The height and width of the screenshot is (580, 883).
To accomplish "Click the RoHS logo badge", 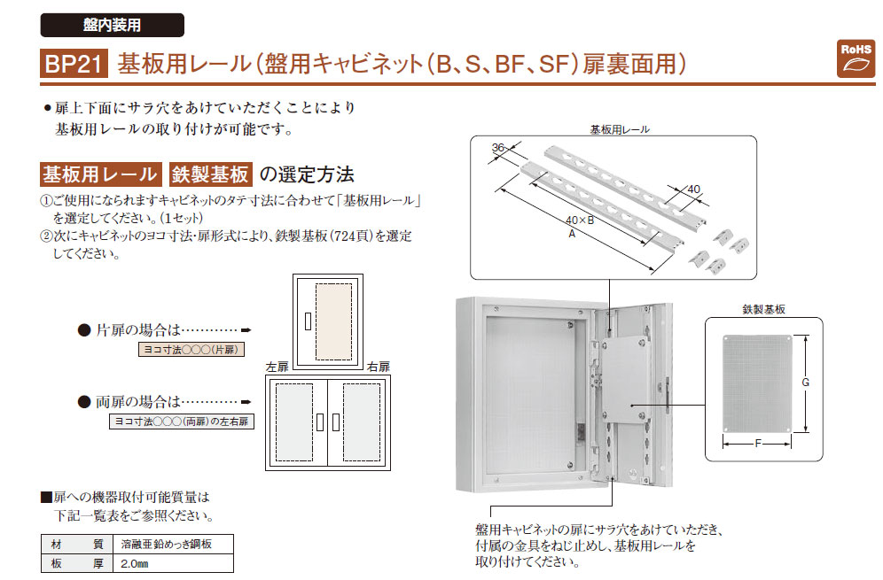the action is [856, 58].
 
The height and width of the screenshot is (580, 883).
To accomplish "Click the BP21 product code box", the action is [74, 63].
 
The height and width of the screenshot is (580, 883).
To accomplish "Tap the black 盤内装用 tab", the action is [112, 26].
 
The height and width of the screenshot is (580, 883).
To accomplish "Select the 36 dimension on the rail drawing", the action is [498, 148].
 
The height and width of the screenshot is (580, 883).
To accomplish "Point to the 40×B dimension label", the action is [580, 220].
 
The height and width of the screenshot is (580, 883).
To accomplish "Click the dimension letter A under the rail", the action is [572, 234].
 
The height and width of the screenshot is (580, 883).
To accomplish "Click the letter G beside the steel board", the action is [805, 383].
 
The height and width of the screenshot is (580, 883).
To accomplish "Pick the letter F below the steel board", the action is [758, 444].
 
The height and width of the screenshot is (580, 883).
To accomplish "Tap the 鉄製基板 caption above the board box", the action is [763, 309].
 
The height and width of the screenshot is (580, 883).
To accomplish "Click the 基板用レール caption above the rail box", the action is [620, 130].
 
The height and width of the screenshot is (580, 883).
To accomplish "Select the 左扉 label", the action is [277, 367].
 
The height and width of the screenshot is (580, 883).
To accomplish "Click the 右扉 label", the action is [379, 367].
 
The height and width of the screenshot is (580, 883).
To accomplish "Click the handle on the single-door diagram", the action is [308, 321].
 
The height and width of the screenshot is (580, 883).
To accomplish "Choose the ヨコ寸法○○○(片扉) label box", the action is [191, 350].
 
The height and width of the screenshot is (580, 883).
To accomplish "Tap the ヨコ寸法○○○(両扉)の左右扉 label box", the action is [182, 421].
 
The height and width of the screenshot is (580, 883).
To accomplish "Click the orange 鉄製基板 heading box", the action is [210, 174].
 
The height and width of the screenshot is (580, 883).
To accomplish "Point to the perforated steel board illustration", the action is [757, 383].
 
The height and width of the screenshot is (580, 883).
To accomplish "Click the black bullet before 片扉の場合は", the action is [84, 330].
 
